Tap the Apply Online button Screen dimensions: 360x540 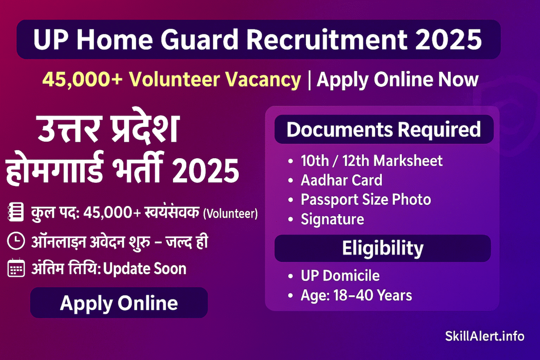pyautogui.click(x=119, y=303)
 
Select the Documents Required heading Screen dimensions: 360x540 pyautogui.click(x=383, y=130)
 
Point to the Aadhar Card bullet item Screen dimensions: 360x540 pyautogui.click(x=341, y=180)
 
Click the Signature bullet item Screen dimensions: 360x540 pyautogui.click(x=332, y=219)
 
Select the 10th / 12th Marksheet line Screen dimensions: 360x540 pyautogui.click(x=371, y=161)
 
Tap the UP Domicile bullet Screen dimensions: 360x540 pyautogui.click(x=340, y=276)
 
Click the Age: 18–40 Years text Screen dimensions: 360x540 pyautogui.click(x=356, y=295)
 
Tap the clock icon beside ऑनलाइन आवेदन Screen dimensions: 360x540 pyautogui.click(x=16, y=241)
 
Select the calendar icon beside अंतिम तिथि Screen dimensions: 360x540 pyautogui.click(x=16, y=269)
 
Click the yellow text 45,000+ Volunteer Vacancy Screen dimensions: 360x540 pyautogui.click(x=171, y=80)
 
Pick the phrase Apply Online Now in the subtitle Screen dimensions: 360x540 pyautogui.click(x=397, y=80)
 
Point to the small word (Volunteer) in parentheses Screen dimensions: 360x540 pyautogui.click(x=230, y=214)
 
